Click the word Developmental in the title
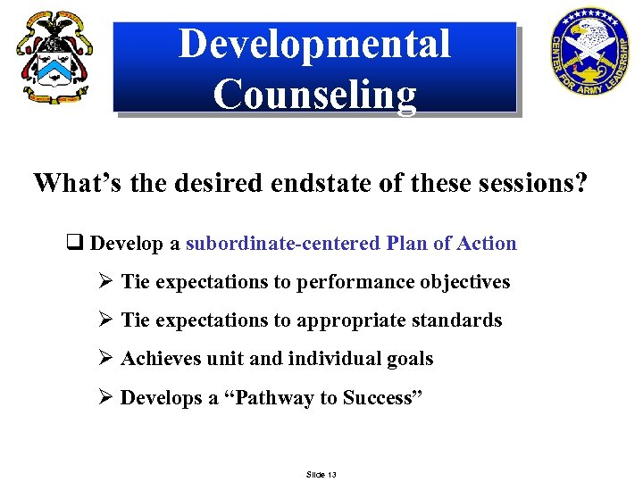[x=314, y=44]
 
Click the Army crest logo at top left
[x=54, y=59]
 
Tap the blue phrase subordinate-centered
[x=283, y=244]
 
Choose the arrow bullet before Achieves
[x=105, y=359]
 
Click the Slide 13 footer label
[x=321, y=474]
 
